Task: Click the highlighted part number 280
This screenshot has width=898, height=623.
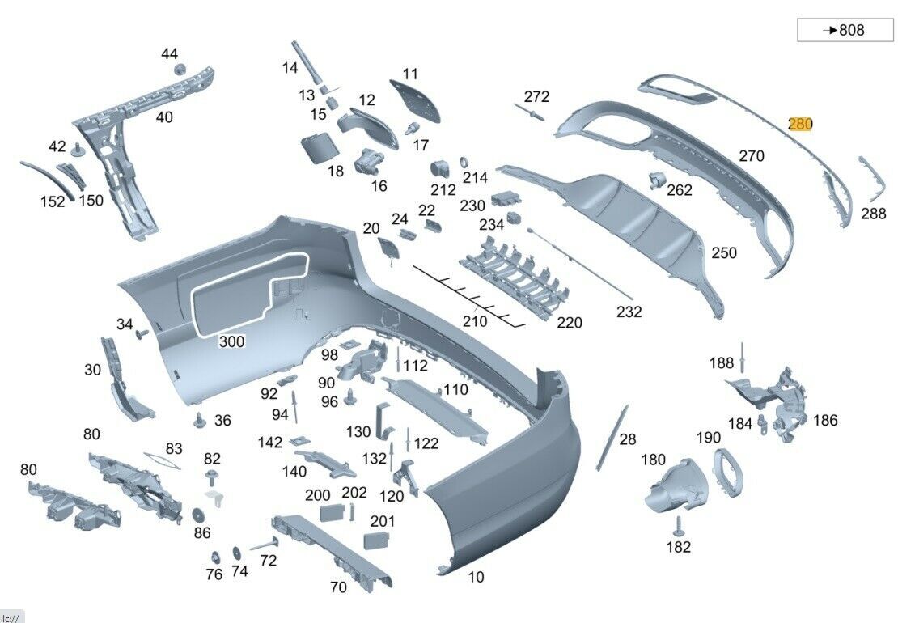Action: [x=800, y=124]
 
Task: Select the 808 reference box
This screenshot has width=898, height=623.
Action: [x=845, y=30]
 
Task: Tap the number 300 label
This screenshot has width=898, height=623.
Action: [x=231, y=342]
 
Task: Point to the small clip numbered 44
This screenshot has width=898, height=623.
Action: [x=180, y=68]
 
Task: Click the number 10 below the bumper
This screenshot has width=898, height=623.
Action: [x=477, y=577]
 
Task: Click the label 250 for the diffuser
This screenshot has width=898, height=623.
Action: [x=724, y=253]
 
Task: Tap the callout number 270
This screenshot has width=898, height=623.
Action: [x=752, y=156]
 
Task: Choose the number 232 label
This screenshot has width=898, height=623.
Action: [x=629, y=311]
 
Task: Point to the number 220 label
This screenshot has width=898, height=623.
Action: [x=570, y=323]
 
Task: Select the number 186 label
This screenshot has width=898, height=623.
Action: [x=825, y=420]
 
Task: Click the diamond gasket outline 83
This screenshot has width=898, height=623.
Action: [x=162, y=462]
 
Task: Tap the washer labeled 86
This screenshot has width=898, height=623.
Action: [x=198, y=515]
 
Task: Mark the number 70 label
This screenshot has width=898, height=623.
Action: [x=338, y=587]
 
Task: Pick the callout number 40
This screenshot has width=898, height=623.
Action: [x=164, y=117]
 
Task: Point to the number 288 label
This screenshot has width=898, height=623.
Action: [x=873, y=214]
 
